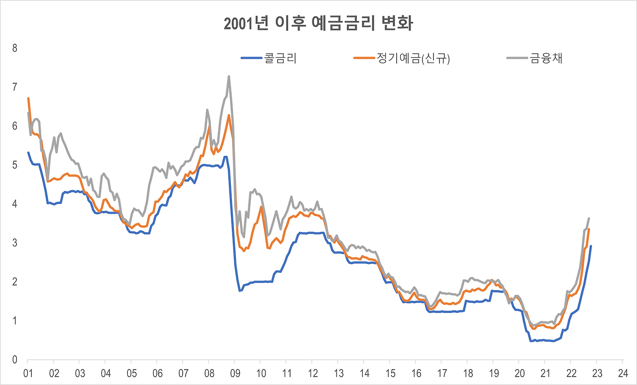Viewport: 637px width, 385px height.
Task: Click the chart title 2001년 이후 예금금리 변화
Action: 318,23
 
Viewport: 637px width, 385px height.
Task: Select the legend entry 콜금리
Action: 269,58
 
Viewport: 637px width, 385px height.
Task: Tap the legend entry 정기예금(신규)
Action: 402,59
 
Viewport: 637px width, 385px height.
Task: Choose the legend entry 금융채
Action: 534,58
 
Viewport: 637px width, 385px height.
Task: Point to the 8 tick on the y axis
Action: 15,48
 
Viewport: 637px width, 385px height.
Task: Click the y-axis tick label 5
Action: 15,165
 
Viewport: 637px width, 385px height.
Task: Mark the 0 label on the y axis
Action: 15,360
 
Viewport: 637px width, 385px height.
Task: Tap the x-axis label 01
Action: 28,374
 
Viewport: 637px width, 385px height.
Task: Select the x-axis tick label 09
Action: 235,374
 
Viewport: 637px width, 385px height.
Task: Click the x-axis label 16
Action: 416,374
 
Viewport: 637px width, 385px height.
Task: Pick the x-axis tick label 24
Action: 623,374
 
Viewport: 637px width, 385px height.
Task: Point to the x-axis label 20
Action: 520,374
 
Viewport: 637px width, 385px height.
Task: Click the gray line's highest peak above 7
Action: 228,76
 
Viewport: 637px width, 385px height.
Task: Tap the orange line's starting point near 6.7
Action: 28,98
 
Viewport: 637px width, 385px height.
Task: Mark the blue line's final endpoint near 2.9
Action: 591,246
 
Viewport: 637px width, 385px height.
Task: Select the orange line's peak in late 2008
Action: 228,115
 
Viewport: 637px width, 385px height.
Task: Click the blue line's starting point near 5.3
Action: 28,153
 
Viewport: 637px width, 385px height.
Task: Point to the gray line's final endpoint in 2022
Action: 589,219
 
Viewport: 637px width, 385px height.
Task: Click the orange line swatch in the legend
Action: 364,58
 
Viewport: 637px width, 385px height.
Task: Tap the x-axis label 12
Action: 313,374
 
